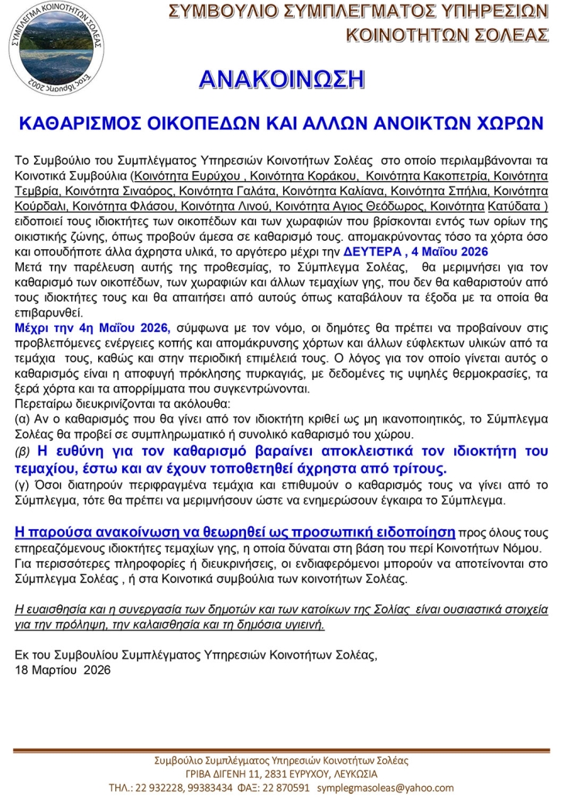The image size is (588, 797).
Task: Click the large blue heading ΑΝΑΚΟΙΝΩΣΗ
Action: click(282, 80)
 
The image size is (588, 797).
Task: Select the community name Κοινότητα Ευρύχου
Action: click(180, 176)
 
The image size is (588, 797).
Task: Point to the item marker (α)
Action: click(23, 418)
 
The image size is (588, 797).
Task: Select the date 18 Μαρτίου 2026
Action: click(63, 670)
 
